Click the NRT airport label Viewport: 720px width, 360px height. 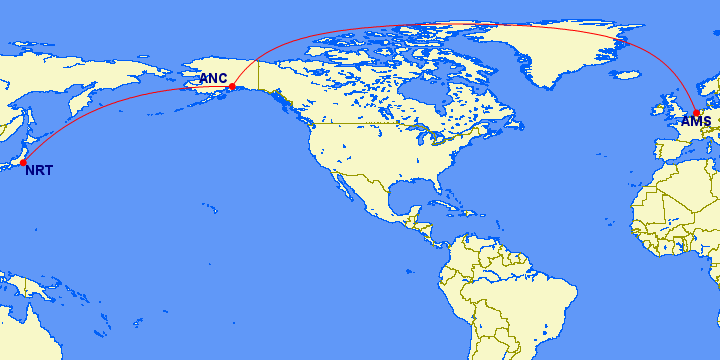[39, 170]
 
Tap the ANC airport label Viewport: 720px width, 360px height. [213, 78]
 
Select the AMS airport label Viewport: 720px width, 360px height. [696, 122]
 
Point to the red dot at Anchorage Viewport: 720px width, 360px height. [232, 87]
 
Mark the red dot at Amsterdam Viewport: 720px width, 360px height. [697, 113]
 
